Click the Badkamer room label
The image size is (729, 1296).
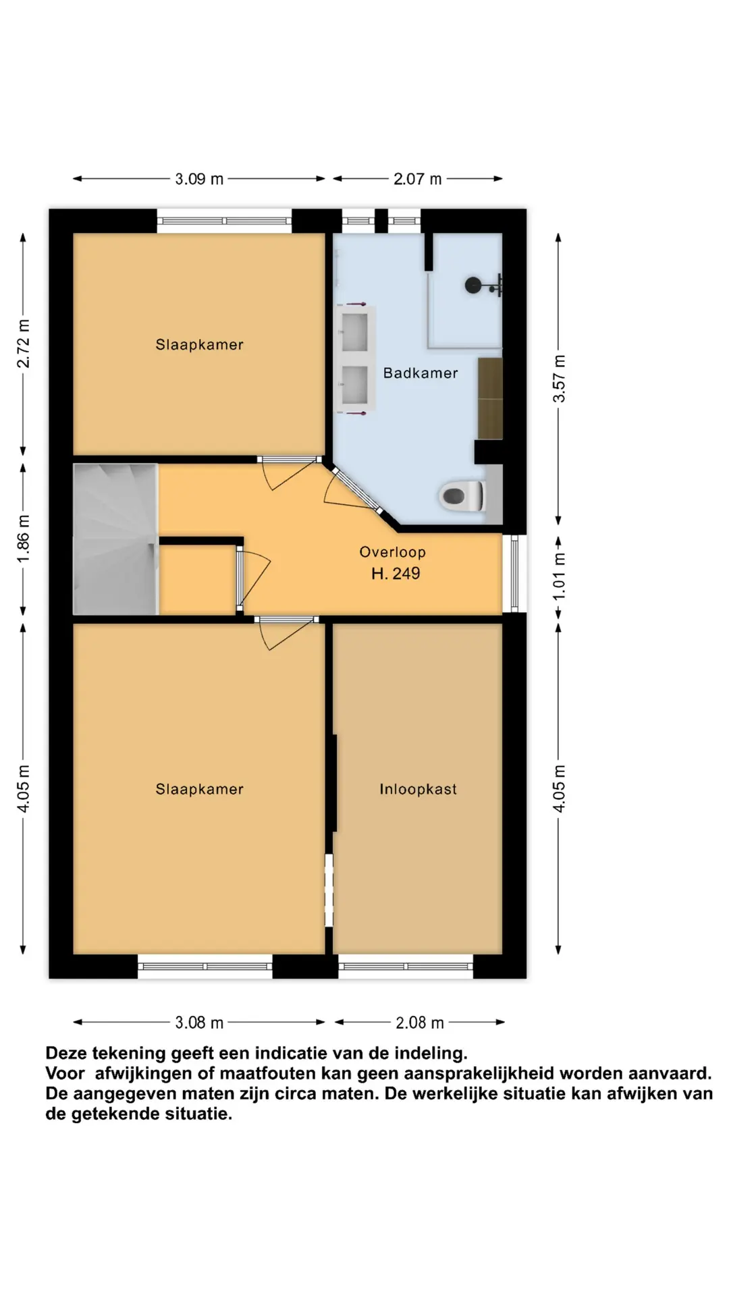[x=421, y=373]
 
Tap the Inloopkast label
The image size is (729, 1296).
[x=418, y=789]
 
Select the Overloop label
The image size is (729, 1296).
[x=392, y=552]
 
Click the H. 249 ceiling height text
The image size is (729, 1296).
[x=396, y=574]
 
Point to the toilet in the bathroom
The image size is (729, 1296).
[x=462, y=497]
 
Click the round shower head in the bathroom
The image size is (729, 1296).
[x=473, y=286]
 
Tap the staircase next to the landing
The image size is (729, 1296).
[x=115, y=539]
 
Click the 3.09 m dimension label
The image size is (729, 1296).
[x=199, y=179]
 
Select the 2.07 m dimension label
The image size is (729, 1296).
[x=418, y=179]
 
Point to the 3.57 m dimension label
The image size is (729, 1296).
[x=560, y=378]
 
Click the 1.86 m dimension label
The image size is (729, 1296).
[x=24, y=539]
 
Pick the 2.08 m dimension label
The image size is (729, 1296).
[x=420, y=1023]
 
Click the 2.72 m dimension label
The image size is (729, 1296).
[x=24, y=344]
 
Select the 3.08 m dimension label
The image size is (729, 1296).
[x=199, y=1023]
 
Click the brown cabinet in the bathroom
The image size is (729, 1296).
[x=490, y=398]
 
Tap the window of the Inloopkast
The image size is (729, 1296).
[x=405, y=967]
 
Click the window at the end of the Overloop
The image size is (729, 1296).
[x=514, y=573]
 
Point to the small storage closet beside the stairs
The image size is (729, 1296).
[x=197, y=580]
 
